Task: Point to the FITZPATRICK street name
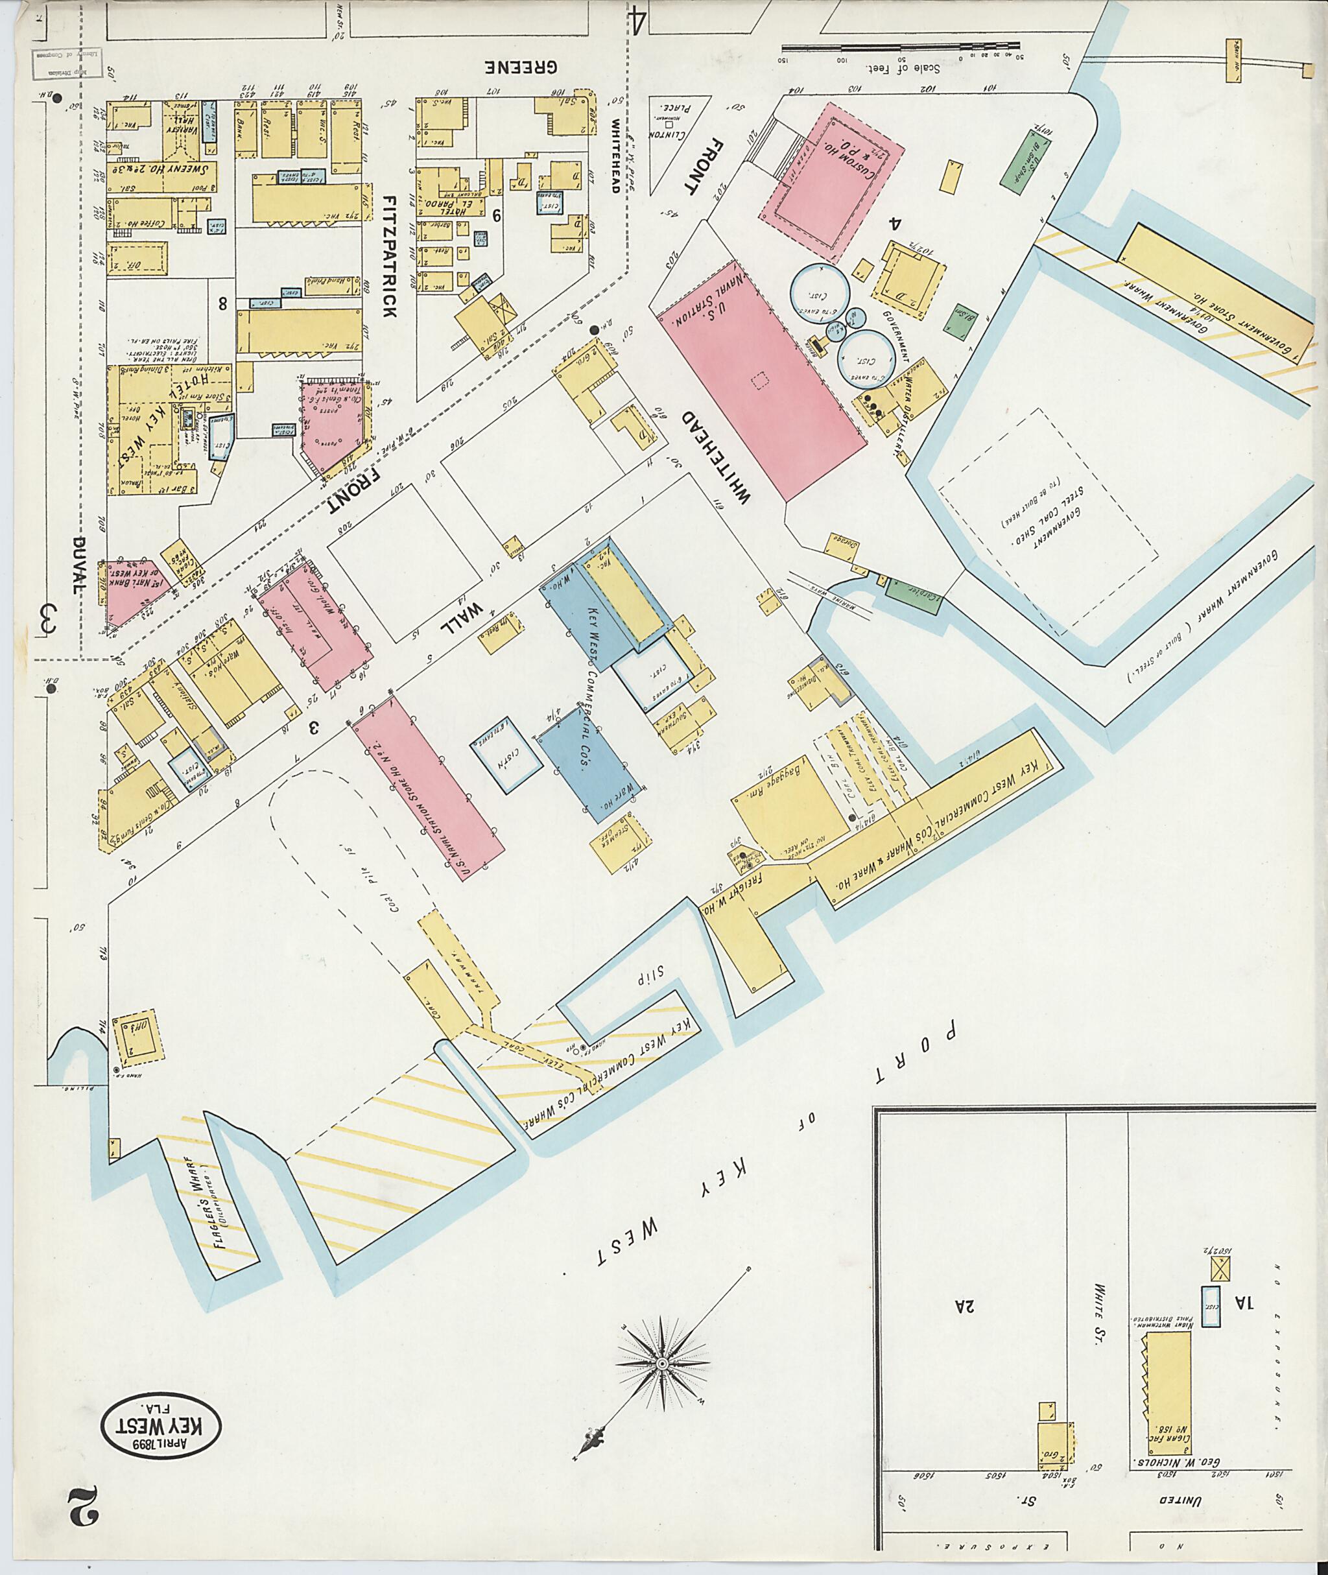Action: pyautogui.click(x=389, y=256)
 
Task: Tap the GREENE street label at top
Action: pyautogui.click(x=521, y=67)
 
